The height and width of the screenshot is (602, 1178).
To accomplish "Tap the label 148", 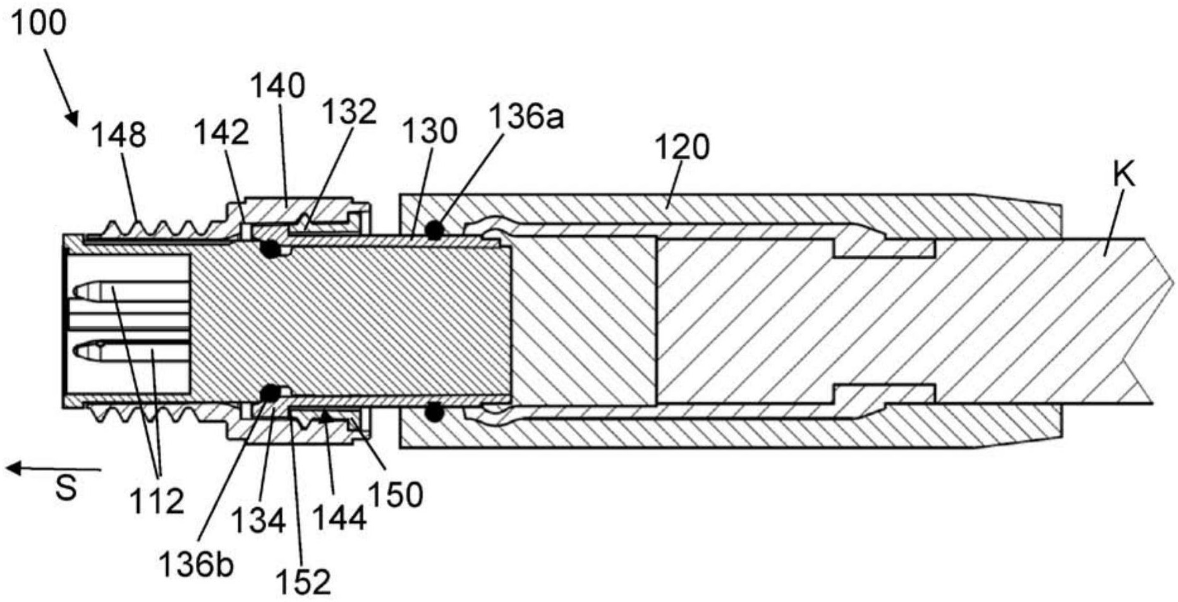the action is (119, 135).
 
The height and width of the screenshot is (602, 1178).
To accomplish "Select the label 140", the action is (278, 85).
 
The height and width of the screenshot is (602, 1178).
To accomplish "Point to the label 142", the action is (221, 132).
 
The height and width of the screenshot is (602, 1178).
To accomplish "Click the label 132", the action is (349, 113).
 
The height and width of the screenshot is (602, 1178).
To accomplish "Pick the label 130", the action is (430, 132).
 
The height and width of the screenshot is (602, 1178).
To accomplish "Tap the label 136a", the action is (525, 118).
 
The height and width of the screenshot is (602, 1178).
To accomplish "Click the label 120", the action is (682, 147).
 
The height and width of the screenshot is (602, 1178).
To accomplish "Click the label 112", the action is (157, 501).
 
